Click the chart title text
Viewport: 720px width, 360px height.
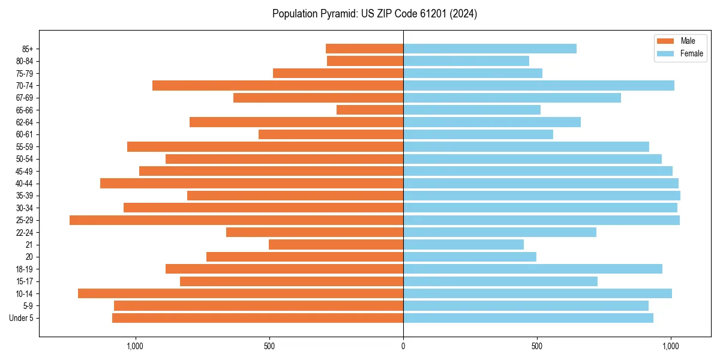coord(374,14)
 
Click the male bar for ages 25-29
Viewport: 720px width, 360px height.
coord(236,220)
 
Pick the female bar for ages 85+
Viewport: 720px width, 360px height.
coord(490,49)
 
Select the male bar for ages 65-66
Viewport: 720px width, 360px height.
coord(370,110)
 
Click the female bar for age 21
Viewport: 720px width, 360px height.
coord(463,245)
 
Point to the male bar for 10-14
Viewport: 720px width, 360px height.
coord(241,293)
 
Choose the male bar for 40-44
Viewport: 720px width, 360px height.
coord(251,183)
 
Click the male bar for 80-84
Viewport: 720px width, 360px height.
coord(365,61)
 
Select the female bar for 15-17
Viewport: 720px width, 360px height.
coord(500,281)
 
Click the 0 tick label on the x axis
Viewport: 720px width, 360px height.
coord(403,346)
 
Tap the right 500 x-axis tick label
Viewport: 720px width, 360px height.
coord(537,346)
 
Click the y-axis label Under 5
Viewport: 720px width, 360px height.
coord(22,318)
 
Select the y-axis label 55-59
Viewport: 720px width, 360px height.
coord(25,146)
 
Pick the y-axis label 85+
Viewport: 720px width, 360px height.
coord(28,49)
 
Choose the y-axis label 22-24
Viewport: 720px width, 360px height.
coord(25,232)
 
